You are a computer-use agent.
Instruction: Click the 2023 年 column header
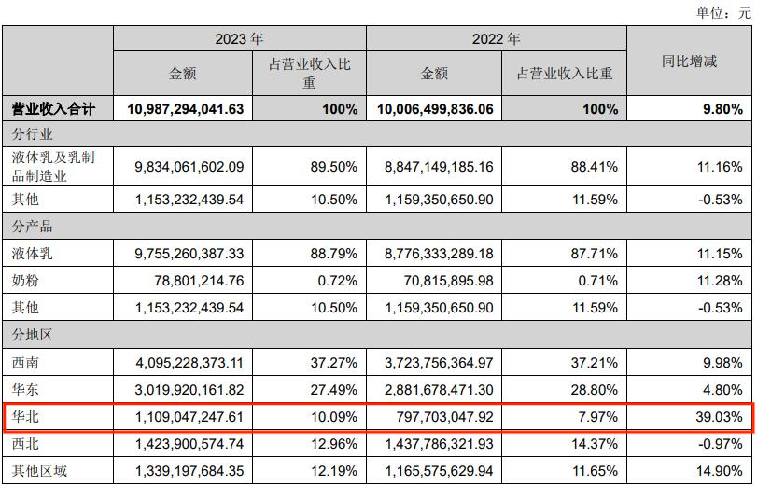239,39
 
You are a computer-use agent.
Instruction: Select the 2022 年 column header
496,39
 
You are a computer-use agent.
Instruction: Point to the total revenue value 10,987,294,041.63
183,109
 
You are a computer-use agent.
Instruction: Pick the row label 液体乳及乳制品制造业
57,167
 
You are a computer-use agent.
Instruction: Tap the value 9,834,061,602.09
189,167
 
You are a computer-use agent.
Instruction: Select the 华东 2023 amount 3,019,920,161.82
189,388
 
